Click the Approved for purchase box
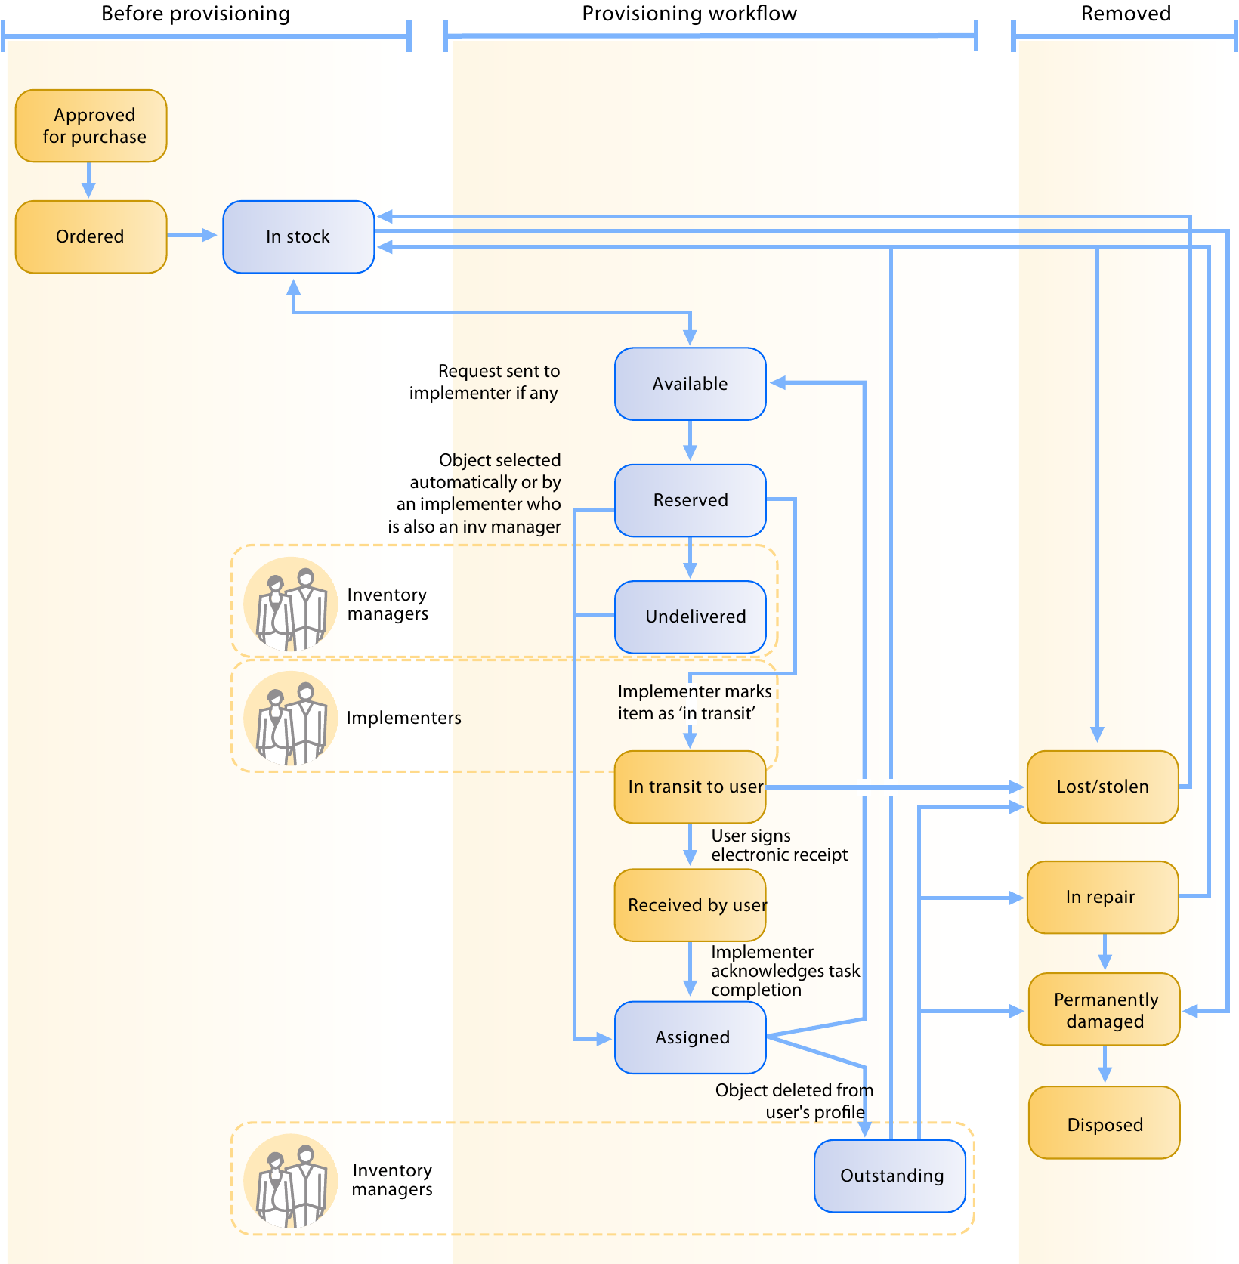point(91,125)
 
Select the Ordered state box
point(91,236)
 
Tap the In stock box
point(298,236)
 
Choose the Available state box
point(690,384)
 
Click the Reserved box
point(690,500)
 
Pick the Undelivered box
point(690,617)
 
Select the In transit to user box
point(690,787)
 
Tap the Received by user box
point(690,905)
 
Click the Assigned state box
point(690,1037)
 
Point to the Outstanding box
point(890,1176)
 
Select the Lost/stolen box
point(1102,787)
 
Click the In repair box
point(1102,897)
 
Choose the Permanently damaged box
point(1104,1009)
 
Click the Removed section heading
point(1125,14)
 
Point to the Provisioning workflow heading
point(689,14)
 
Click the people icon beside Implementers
point(291,719)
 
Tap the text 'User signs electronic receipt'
point(778,845)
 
